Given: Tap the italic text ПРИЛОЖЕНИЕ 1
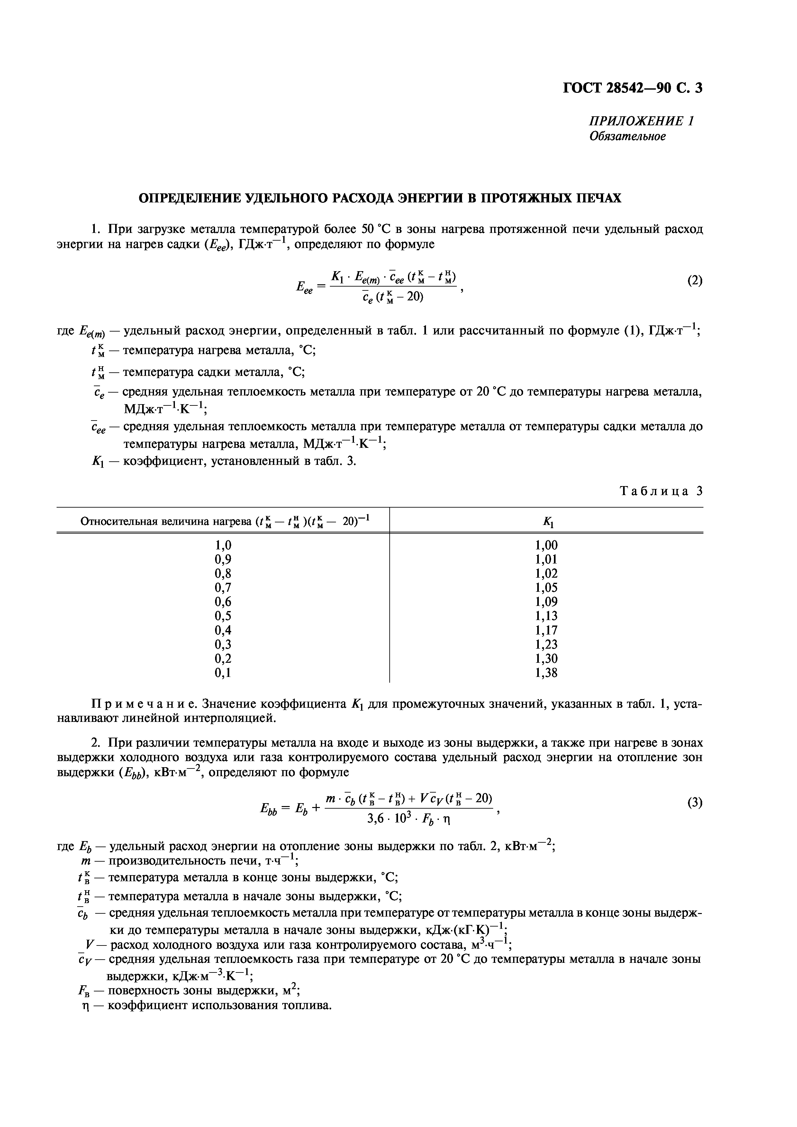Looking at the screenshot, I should click(641, 121).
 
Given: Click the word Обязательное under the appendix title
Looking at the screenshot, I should click(627, 137).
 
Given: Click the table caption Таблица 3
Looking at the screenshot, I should click(661, 491).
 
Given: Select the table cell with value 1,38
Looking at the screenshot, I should click(546, 673).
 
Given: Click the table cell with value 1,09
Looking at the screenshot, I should click(546, 602).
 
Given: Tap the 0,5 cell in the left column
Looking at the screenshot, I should click(222, 616).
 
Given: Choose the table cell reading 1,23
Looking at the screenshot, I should click(546, 644).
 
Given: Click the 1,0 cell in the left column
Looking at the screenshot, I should click(222, 545).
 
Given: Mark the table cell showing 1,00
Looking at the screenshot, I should click(546, 545).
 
